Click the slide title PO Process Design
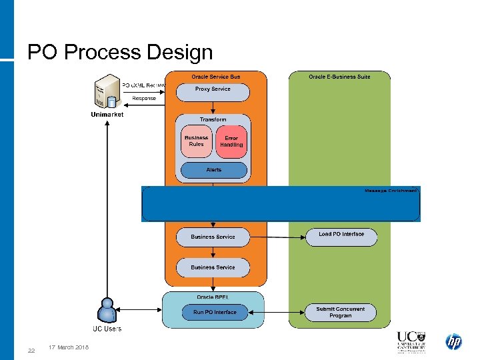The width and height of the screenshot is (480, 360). pos(120,52)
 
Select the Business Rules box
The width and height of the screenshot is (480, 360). pos(196,142)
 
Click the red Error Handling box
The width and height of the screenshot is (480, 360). pos(231,142)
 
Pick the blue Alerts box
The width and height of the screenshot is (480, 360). pos(213,170)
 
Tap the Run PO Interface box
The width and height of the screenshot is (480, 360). pos(215,312)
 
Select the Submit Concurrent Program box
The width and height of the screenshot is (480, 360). pos(340,313)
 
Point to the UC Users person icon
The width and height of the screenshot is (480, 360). pos(107,309)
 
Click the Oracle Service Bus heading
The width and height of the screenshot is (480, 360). pos(216,77)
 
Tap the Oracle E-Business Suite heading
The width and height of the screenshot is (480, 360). pos(339,77)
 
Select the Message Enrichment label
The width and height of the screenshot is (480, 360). pos(391,191)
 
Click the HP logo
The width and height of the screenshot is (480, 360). pos(454,342)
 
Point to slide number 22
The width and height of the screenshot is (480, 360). pos(31,351)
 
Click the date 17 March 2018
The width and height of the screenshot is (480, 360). pos(69,347)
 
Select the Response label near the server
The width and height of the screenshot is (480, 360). pos(144,98)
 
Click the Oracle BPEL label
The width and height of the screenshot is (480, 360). pos(214,297)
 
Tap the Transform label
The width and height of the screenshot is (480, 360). pos(213,119)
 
